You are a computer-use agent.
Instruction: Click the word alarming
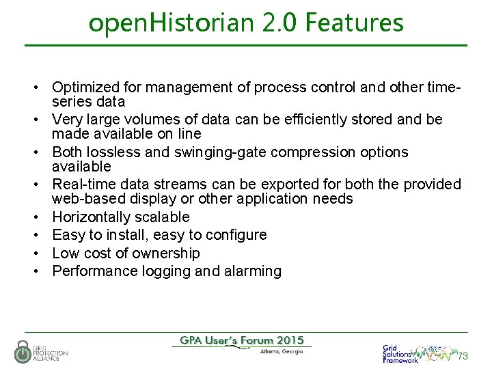pyautogui.click(x=254, y=271)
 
